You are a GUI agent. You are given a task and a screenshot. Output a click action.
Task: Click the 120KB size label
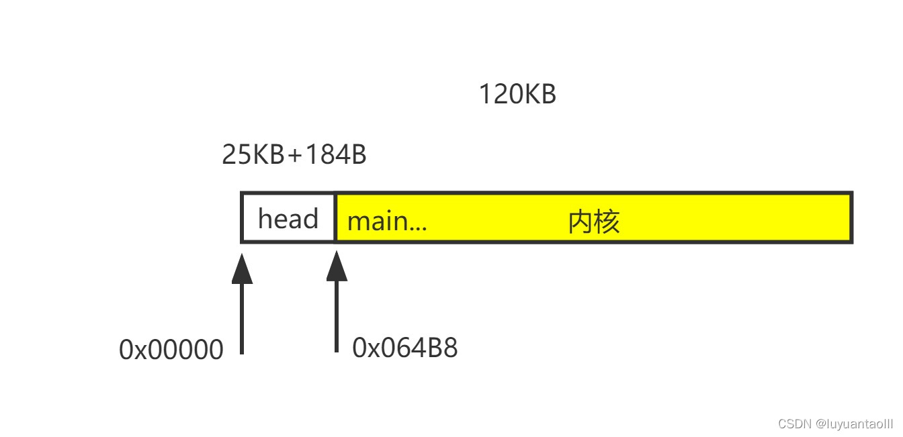(517, 95)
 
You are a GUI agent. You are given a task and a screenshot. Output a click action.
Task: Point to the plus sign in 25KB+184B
(295, 155)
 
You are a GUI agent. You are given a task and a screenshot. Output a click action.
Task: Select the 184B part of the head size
(335, 154)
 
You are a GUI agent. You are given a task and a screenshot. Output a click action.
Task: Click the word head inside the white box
(288, 219)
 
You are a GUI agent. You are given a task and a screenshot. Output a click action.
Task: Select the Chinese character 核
(607, 221)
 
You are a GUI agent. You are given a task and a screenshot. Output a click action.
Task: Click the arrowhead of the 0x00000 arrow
(242, 270)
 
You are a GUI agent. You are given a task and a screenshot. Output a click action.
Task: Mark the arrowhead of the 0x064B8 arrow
(337, 268)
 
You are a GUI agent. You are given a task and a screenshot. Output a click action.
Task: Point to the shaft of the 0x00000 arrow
(242, 319)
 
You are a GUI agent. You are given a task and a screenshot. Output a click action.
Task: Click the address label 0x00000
(171, 350)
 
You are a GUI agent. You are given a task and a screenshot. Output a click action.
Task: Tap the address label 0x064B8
(404, 348)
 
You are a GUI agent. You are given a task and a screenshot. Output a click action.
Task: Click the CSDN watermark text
(795, 424)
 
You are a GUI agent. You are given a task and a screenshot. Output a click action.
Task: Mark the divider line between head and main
(335, 217)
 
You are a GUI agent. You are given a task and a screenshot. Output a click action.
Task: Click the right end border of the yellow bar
(851, 217)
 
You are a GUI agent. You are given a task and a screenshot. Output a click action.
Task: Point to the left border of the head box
(242, 217)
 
